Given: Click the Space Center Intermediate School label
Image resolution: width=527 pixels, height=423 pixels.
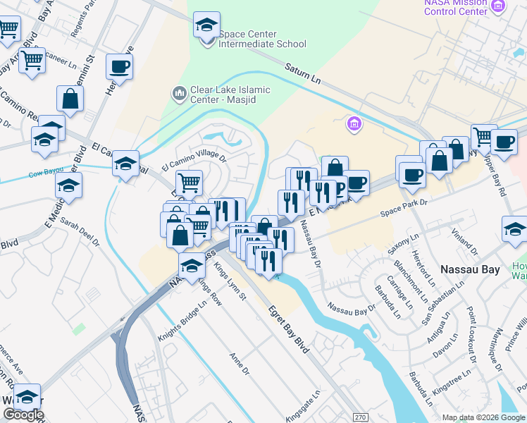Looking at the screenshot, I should click(x=262, y=39).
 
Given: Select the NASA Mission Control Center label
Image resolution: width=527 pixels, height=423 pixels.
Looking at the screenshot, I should click(x=456, y=7).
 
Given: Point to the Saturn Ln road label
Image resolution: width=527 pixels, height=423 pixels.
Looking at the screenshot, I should click(x=303, y=73).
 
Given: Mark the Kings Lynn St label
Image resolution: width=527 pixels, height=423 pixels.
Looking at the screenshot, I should click(x=230, y=280).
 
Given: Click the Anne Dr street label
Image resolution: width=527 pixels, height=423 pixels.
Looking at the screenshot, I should click(x=240, y=364).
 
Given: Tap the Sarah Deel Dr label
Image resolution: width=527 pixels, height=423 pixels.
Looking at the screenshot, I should click(x=80, y=231).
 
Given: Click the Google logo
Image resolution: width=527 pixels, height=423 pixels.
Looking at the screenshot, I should click(x=23, y=415).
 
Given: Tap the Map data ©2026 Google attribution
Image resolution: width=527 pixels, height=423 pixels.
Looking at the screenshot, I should click(x=483, y=417).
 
